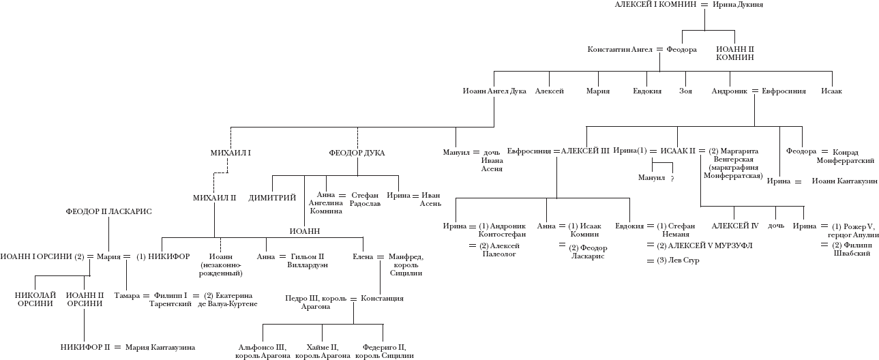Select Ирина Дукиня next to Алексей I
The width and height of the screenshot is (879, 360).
[x=737, y=5]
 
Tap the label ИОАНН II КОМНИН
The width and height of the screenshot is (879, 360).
[x=735, y=54]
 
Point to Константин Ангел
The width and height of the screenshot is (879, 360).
[x=619, y=50]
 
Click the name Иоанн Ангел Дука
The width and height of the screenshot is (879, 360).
[x=494, y=91]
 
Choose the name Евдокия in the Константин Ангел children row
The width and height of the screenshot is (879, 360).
[x=647, y=91]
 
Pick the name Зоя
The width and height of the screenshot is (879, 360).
[x=686, y=91]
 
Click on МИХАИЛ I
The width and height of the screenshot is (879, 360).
[x=231, y=153]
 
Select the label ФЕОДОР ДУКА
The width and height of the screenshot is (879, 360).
[x=357, y=153]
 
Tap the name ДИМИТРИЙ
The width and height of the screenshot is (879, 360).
[x=272, y=198]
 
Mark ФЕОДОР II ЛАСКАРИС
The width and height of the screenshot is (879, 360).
[x=108, y=211]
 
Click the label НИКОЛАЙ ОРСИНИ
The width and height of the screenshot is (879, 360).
[x=34, y=299]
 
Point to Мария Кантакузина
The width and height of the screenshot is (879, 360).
[x=160, y=347]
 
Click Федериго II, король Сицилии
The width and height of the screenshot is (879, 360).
[x=385, y=351]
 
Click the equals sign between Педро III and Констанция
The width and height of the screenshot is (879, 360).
[x=353, y=299]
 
